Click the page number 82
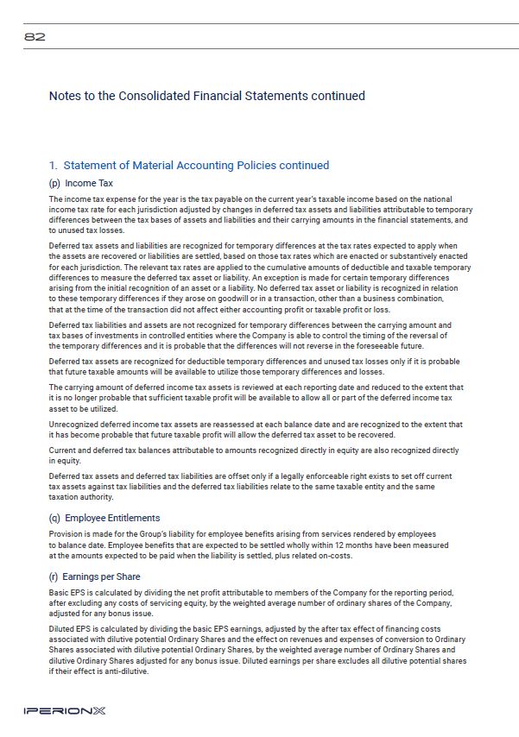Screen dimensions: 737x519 click(x=35, y=37)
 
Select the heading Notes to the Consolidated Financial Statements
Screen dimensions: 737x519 click(x=206, y=96)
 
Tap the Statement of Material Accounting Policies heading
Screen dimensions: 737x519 click(x=189, y=165)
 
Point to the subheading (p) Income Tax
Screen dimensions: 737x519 click(x=81, y=183)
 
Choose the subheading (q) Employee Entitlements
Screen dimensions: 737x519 click(x=104, y=518)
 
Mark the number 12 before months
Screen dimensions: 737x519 click(x=326, y=545)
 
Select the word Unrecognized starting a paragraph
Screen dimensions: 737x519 click(x=73, y=425)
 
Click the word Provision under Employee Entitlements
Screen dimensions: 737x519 click(x=66, y=535)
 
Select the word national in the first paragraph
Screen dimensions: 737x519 click(x=435, y=199)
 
